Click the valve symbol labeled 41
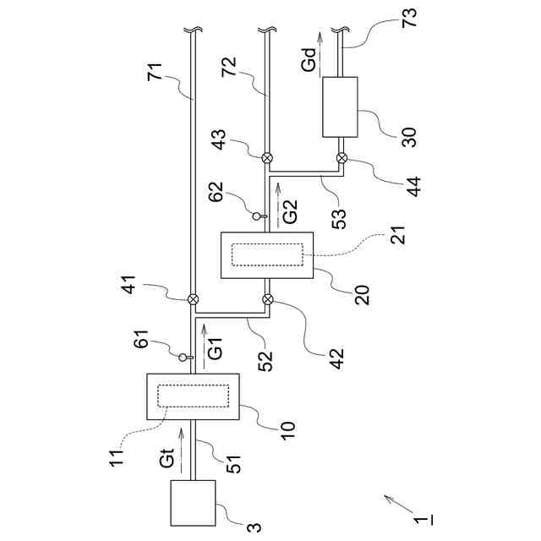coord(194,298)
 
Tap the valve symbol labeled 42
coord(268,298)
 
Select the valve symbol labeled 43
coord(268,157)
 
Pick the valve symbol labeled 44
coord(342,157)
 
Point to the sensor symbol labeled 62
coord(258,216)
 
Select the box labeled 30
coord(341,107)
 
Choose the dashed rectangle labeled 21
coord(268,254)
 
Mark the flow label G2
coord(290,210)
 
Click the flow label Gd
coord(310,61)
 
